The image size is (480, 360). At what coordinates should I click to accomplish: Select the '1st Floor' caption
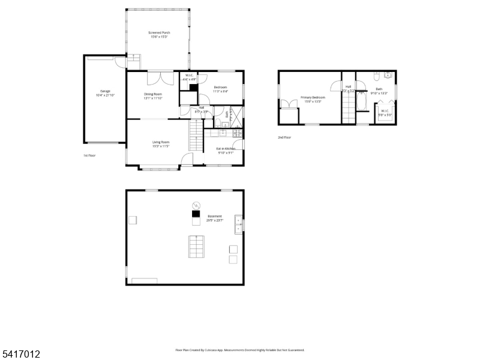tap(90, 155)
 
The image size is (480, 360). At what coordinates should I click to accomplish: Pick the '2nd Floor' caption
tap(284, 137)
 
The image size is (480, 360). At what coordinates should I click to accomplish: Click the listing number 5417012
tap(20, 355)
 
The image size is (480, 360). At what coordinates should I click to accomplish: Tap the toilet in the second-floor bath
tap(376, 76)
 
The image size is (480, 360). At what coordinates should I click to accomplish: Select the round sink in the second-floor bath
tap(388, 76)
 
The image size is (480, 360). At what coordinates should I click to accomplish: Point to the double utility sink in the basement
tap(239, 223)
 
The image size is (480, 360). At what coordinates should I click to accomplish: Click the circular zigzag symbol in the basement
tap(195, 204)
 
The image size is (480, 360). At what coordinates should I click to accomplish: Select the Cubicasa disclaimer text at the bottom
tap(240, 350)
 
